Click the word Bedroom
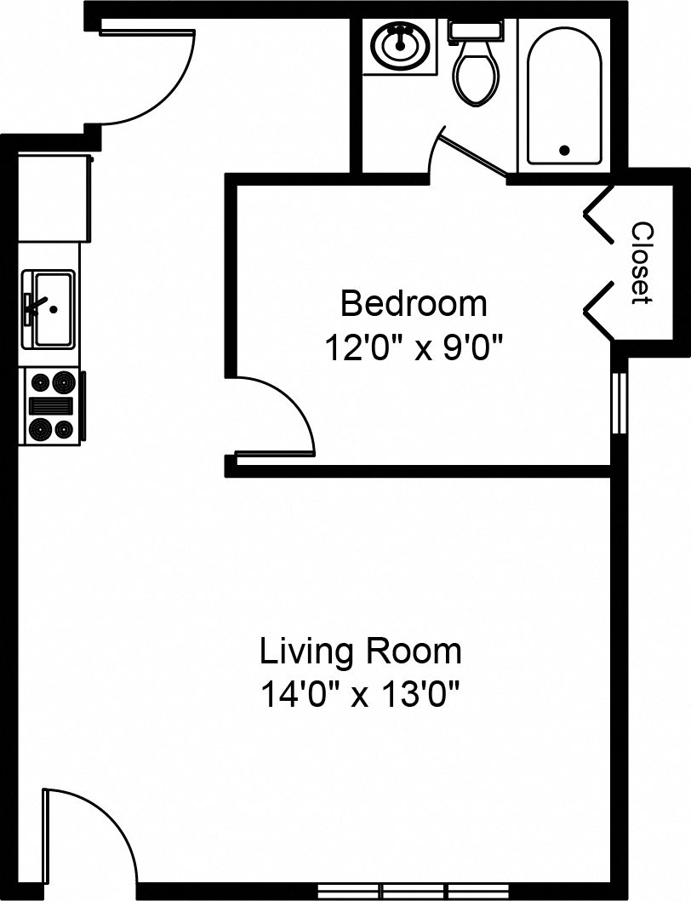click(414, 303)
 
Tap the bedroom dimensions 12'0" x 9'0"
click(414, 347)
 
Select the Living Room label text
click(360, 652)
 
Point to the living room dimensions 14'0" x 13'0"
click(360, 696)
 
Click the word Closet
click(641, 263)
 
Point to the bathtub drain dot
click(564, 151)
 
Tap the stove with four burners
click(52, 406)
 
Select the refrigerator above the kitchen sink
click(54, 198)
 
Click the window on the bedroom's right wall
click(620, 404)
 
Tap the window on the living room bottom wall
click(396, 891)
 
